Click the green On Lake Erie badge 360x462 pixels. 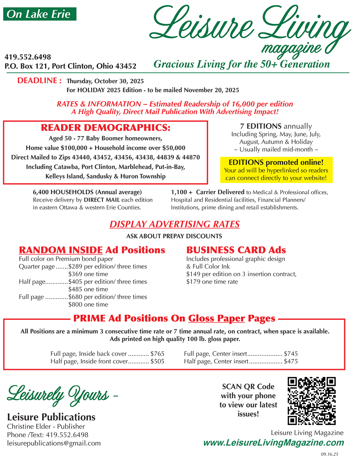coord(40,14)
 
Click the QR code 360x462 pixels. coord(311,401)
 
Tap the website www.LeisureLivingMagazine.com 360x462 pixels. coord(273,443)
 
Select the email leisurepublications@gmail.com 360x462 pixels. coord(54,443)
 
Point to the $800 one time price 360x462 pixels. coord(88,305)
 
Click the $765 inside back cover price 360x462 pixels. coord(157,354)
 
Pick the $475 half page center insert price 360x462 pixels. coord(291,362)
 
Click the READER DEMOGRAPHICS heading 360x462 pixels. coord(105,128)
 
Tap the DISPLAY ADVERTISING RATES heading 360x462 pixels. coord(175,224)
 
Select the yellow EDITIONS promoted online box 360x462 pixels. coord(276,170)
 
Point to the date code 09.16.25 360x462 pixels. coord(329,454)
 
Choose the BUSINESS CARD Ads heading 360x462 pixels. coord(236,250)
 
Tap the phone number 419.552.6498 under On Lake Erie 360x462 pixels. coord(28,57)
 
